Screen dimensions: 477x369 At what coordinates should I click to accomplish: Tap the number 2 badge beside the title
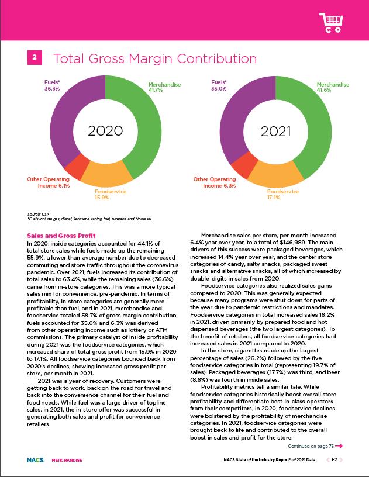click(x=35, y=57)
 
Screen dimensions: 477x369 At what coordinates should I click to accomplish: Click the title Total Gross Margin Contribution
click(x=155, y=59)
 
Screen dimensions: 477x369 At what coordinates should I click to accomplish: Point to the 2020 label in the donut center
click(x=105, y=130)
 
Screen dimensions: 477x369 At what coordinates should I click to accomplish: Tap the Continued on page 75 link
click(x=314, y=447)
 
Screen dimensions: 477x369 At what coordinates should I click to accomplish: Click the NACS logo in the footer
click(x=35, y=460)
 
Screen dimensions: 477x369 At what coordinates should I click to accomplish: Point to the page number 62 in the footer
click(x=334, y=460)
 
